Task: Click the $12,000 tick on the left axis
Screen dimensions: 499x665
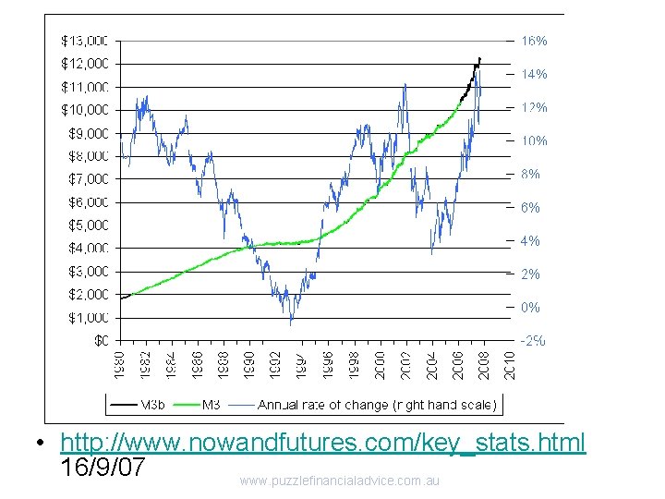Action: (85, 64)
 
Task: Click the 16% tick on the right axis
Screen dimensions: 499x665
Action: (535, 41)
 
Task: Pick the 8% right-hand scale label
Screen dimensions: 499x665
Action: (531, 174)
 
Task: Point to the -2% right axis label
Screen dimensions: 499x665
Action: (533, 340)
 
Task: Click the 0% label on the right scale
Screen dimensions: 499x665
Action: (531, 307)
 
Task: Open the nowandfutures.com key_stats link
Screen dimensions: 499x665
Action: (322, 444)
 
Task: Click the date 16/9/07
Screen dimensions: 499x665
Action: (102, 468)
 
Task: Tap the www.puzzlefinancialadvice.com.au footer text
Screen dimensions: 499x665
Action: (339, 481)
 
